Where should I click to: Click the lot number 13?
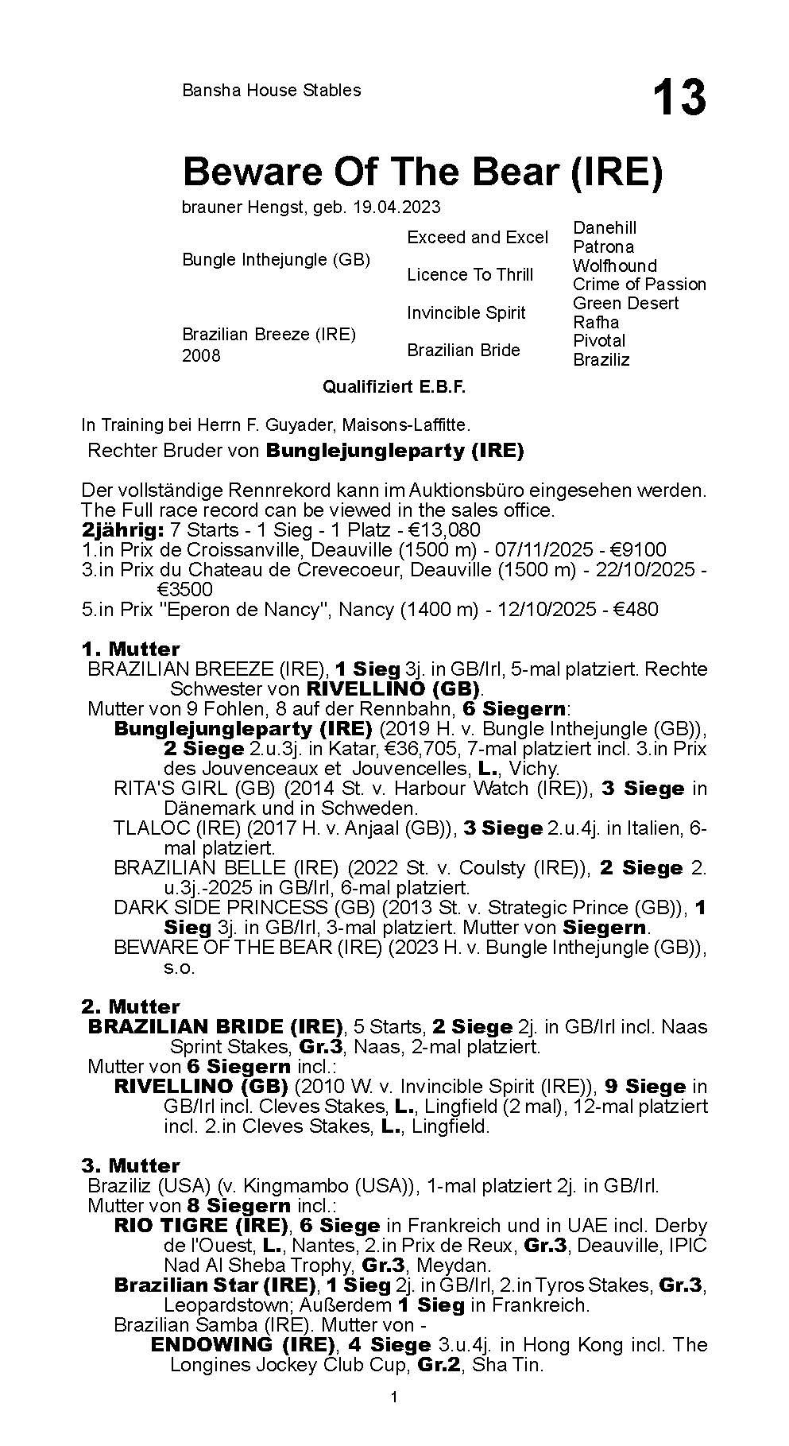tap(679, 98)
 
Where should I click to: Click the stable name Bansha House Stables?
tap(271, 91)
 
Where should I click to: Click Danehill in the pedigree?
tap(605, 228)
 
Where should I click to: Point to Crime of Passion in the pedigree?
tap(639, 284)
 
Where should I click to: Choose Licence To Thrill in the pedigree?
tap(470, 275)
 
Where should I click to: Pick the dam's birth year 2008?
tap(201, 355)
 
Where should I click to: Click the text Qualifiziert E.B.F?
tap(393, 387)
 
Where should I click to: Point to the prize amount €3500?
tap(185, 589)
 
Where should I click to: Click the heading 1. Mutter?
tap(130, 649)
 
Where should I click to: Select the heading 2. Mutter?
tap(130, 1006)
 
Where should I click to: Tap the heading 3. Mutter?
tap(130, 1165)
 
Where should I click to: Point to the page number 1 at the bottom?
tap(393, 1418)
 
